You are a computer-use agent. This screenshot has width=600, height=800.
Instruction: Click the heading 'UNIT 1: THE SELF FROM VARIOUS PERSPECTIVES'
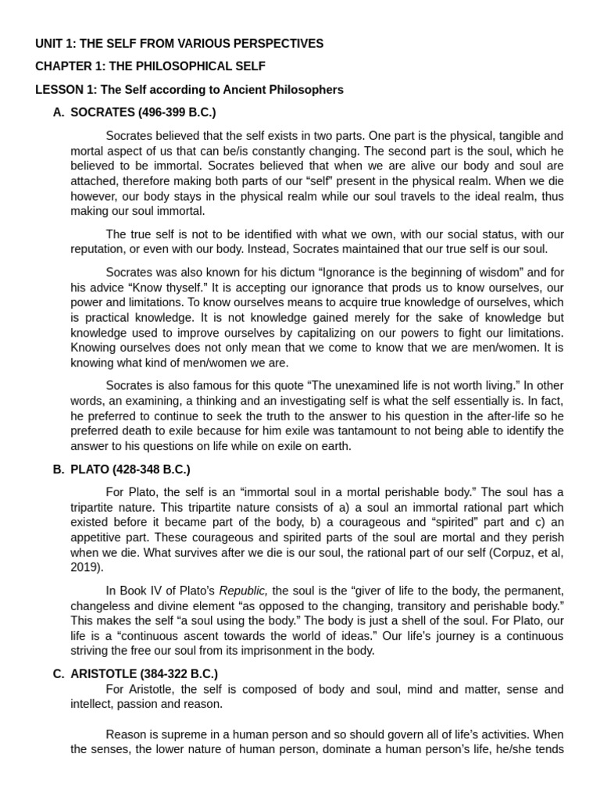tap(179, 44)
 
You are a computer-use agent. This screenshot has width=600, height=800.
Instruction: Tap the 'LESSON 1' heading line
tap(189, 90)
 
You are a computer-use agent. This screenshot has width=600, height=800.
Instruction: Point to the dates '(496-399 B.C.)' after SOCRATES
tap(179, 112)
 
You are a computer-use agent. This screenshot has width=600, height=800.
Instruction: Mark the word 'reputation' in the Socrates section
tap(98, 249)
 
